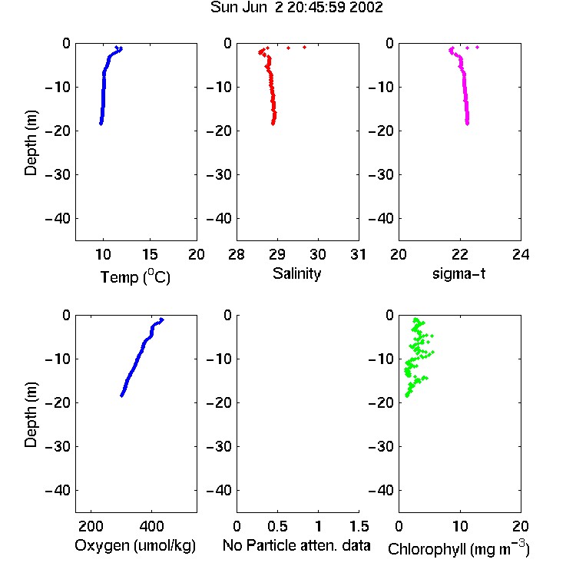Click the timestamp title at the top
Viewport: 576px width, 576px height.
[x=296, y=7]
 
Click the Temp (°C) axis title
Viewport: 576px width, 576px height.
[x=135, y=276]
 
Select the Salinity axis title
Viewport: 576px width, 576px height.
[x=296, y=273]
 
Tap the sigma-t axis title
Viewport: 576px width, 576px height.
[x=458, y=273]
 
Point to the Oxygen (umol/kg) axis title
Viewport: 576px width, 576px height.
[x=135, y=545]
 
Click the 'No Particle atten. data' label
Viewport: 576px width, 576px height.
[x=296, y=545]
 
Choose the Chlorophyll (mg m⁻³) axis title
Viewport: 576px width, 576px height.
[x=458, y=548]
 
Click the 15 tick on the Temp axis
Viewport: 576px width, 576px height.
[x=150, y=254]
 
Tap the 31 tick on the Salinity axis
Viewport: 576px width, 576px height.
[x=358, y=254]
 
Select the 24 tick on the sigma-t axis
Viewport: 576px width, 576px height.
[x=521, y=254]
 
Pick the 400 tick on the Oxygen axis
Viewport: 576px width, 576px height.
[x=152, y=526]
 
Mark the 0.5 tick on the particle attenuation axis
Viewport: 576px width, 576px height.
[x=277, y=526]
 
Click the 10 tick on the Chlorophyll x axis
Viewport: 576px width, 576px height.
[x=460, y=526]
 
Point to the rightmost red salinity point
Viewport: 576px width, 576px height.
[x=305, y=47]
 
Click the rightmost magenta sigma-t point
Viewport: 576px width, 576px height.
[x=477, y=47]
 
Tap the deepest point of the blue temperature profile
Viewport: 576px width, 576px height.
[x=101, y=124]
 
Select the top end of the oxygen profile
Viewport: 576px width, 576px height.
[x=162, y=319]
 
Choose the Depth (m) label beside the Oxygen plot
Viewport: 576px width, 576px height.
[x=31, y=415]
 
